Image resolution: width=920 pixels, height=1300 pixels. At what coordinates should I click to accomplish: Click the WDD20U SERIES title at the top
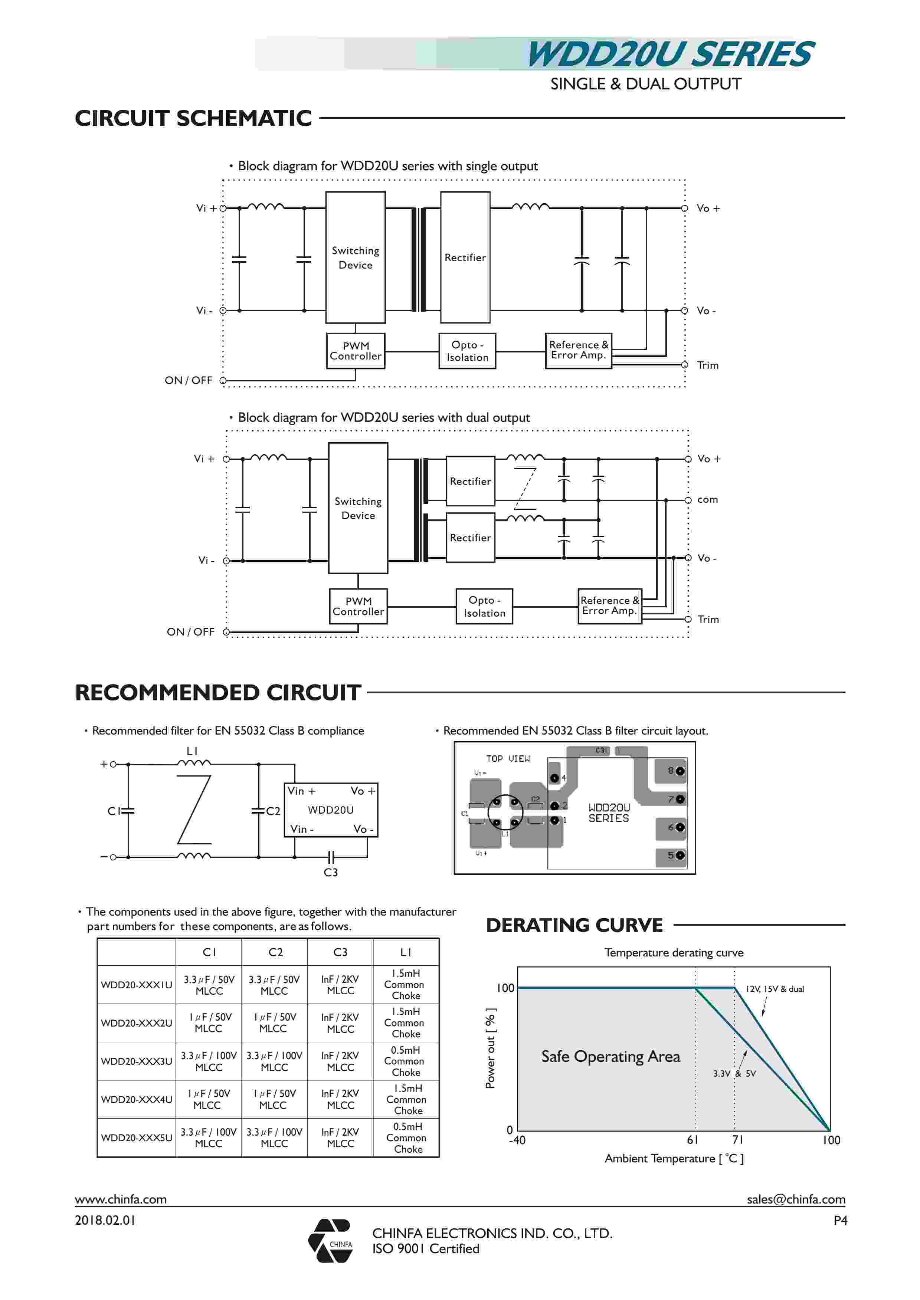pos(670,55)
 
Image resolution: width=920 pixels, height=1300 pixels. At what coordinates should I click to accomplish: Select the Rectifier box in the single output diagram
pos(465,257)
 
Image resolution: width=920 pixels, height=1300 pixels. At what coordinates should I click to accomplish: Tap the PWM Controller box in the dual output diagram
pos(358,606)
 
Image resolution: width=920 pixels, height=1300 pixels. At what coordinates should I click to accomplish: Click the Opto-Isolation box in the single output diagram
pos(467,351)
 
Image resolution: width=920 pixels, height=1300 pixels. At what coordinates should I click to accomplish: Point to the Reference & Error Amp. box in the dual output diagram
pos(609,606)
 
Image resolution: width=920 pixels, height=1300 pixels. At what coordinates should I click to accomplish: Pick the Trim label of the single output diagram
pos(708,365)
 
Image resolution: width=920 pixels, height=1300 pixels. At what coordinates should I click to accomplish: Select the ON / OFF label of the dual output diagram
pos(190,632)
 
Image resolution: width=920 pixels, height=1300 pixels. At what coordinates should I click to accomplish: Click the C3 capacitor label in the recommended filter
pos(330,873)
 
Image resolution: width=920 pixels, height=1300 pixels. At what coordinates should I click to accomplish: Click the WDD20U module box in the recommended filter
pos(331,810)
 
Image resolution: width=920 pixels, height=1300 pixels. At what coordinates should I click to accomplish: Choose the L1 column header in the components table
pos(406,952)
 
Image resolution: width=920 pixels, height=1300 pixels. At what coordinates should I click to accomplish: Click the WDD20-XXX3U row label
pos(137,1061)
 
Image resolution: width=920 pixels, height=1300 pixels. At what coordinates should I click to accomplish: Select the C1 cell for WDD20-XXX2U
pos(209,1022)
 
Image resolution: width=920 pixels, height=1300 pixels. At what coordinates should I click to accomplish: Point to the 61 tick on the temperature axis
pos(693,1140)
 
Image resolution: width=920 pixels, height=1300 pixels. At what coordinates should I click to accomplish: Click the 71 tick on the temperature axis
pos(737,1140)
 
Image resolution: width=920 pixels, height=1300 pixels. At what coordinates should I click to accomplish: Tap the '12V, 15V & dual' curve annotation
pos(775,989)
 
